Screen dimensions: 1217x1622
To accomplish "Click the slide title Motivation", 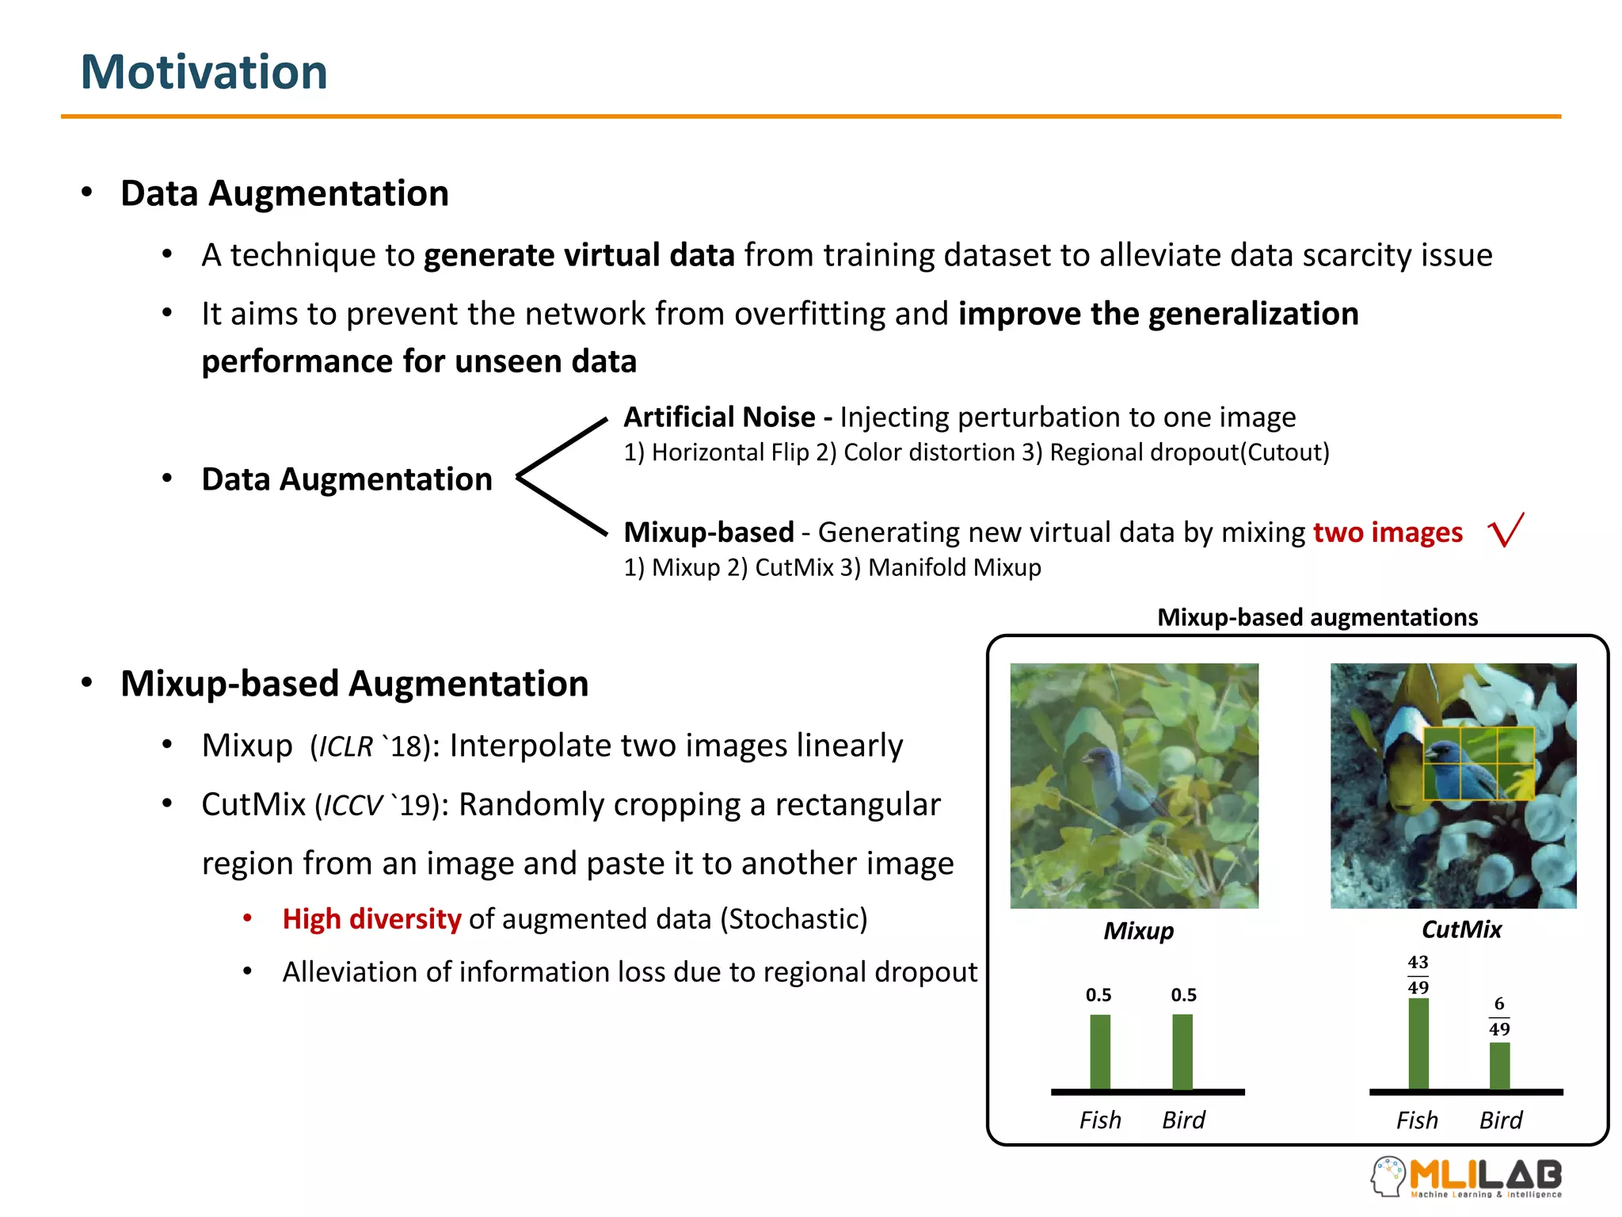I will point(204,72).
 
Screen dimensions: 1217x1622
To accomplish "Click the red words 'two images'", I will point(1387,532).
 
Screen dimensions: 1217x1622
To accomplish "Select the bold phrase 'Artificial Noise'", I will point(719,418).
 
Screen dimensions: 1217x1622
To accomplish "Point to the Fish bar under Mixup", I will point(1099,1052).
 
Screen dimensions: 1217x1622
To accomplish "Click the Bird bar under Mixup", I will point(1182,1052).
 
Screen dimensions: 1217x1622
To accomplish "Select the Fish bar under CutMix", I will point(1418,1044).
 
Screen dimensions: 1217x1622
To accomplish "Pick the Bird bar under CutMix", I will point(1499,1066).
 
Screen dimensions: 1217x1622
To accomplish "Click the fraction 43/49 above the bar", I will point(1418,975).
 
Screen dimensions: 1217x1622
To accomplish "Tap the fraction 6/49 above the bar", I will point(1498,1017).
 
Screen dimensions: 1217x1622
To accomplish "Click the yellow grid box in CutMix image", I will point(1478,763).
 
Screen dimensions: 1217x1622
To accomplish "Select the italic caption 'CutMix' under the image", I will point(1461,929).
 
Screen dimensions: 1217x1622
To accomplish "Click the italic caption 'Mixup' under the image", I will point(1138,931).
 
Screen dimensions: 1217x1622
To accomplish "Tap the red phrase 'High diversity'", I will point(371,919).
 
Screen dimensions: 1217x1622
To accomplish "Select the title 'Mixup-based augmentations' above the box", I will point(1317,617).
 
